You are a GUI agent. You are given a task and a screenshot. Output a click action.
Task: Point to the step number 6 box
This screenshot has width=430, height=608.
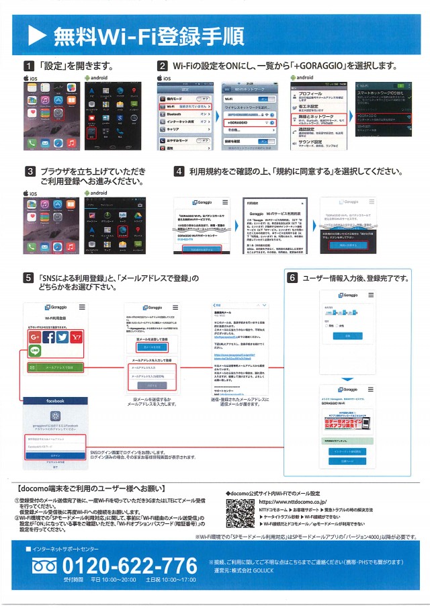(x=292, y=278)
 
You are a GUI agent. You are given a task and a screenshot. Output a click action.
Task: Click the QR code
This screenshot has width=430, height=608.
(x=240, y=512)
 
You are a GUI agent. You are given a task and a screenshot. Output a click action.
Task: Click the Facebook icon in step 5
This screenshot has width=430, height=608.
(x=48, y=337)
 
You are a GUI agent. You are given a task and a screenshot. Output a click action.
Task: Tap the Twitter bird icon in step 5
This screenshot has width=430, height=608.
(x=63, y=337)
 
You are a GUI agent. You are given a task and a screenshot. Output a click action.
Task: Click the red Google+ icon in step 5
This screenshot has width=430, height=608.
(x=34, y=337)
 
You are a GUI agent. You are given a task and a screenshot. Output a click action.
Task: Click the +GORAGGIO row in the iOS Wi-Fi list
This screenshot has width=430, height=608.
(x=245, y=123)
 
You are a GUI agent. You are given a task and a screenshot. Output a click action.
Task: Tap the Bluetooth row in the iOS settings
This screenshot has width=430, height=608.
(x=182, y=114)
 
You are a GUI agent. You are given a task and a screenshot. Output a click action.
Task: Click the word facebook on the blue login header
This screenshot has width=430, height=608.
(x=55, y=400)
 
